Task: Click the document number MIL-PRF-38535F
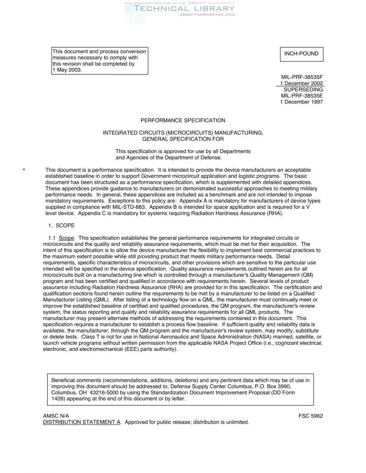[x=302, y=77]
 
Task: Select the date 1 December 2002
[x=302, y=84]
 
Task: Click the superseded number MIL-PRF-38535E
[x=302, y=96]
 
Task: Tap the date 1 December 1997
[x=302, y=102]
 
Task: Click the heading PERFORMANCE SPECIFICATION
[x=183, y=121]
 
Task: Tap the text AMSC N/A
[x=55, y=416]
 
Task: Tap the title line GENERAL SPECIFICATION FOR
[x=183, y=139]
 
